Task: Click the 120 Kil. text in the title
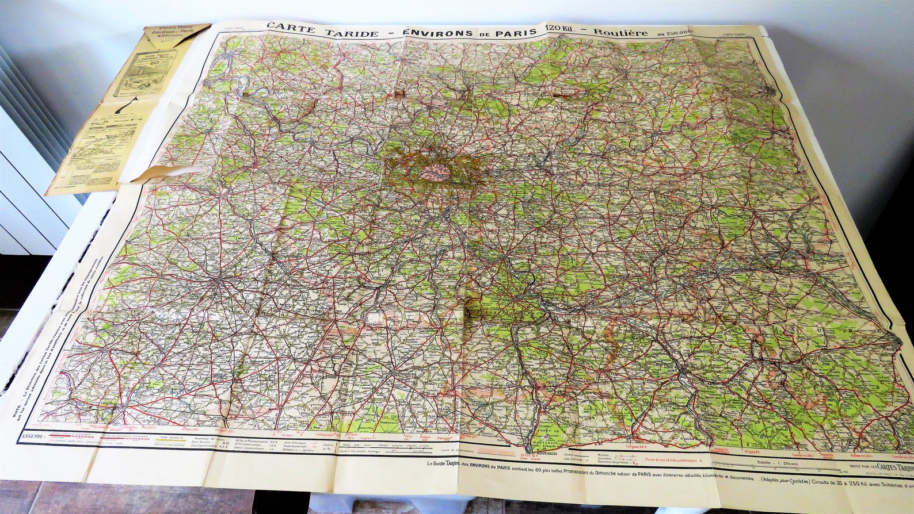click(561, 31)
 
